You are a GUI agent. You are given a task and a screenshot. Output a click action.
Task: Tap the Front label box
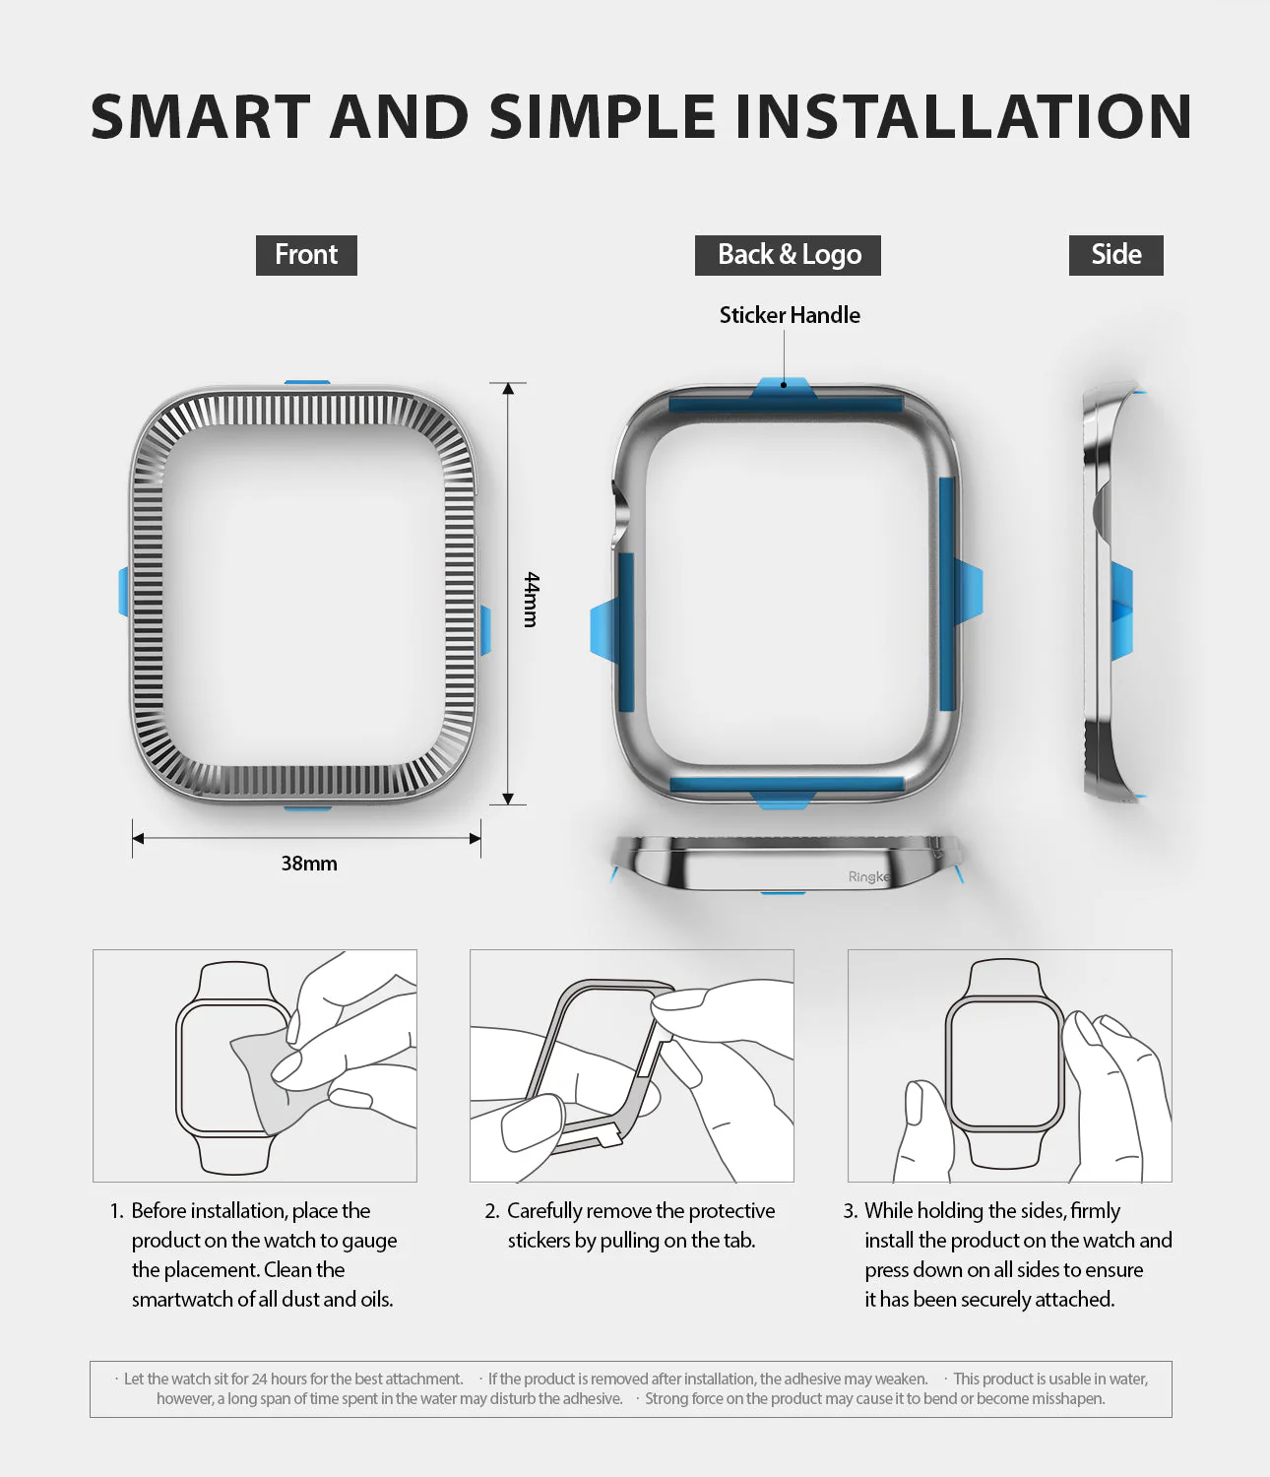[x=306, y=255]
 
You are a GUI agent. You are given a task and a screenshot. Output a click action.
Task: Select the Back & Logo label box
[x=788, y=255]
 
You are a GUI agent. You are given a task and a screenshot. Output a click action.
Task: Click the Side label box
[x=1115, y=255]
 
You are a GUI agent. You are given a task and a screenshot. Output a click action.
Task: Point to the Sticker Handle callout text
[x=790, y=315]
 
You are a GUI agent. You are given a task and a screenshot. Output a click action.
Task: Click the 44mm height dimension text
[x=531, y=599]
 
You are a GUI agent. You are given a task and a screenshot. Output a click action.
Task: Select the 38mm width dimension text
[x=309, y=864]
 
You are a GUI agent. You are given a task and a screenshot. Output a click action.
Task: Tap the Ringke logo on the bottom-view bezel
[x=868, y=876]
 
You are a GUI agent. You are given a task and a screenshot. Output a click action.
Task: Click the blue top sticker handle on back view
[x=783, y=389]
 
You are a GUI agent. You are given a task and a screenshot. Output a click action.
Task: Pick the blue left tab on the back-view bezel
[x=603, y=630]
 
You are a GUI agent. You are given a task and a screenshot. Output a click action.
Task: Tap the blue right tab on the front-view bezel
[x=484, y=630]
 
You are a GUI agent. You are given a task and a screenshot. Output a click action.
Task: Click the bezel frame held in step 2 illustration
[x=591, y=1063]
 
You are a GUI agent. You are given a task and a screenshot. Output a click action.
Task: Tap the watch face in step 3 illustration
[x=1004, y=1061]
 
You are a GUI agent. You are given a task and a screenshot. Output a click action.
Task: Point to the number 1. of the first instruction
[x=117, y=1211]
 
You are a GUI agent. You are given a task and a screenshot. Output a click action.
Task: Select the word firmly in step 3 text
[x=1095, y=1211]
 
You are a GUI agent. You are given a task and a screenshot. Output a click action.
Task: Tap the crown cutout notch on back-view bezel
[x=620, y=512]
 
